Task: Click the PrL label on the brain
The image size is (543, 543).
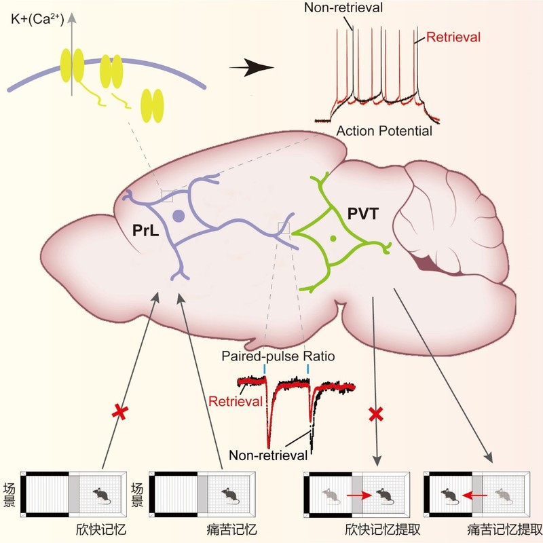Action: [147, 231]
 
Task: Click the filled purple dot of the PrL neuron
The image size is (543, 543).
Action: [179, 217]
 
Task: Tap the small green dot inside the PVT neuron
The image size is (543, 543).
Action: [333, 238]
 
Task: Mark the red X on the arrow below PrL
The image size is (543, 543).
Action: [123, 412]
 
